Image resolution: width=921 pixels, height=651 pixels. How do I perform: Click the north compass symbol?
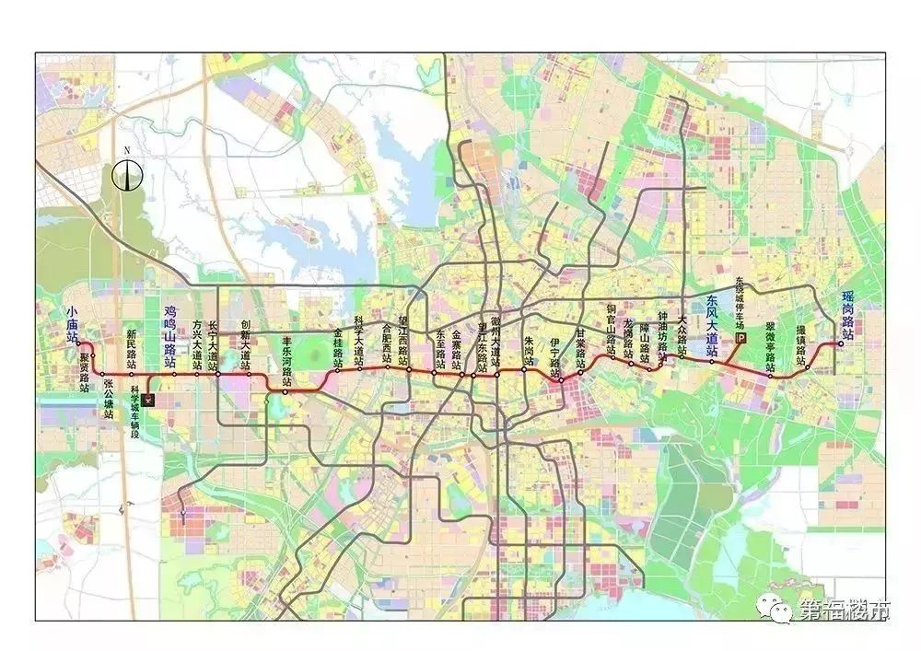129,172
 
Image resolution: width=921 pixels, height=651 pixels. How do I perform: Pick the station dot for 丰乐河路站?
286,392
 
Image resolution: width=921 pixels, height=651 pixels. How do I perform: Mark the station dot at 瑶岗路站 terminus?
840,346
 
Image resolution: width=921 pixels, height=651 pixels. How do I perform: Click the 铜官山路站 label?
610,328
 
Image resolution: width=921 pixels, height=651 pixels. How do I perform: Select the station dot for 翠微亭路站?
771,374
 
